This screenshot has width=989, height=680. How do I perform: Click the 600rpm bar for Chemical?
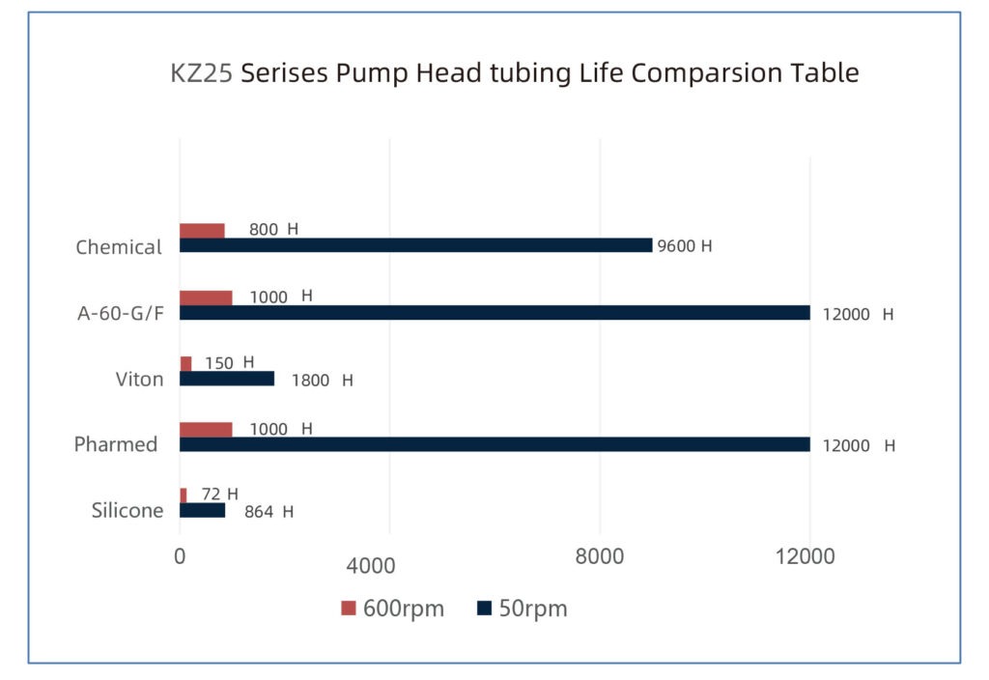click(202, 231)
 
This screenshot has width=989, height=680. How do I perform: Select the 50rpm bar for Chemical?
click(415, 245)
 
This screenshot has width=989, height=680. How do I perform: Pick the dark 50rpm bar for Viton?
click(227, 379)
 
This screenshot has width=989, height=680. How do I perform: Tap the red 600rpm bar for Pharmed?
click(206, 430)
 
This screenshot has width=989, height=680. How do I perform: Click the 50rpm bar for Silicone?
click(202, 510)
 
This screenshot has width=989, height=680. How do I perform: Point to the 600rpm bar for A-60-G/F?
click(206, 297)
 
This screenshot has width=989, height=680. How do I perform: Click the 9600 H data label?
click(684, 246)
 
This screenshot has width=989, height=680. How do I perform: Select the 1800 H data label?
click(322, 381)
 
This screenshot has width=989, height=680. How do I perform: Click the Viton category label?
click(136, 379)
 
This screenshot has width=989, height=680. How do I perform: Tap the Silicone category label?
click(127, 511)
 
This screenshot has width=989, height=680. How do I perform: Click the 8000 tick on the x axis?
click(600, 557)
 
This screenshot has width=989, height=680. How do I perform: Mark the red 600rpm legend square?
click(349, 609)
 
